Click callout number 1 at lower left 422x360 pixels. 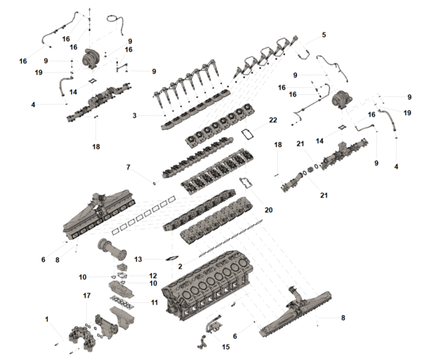[47, 320]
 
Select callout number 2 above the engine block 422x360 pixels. [180, 266]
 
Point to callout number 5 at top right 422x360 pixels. [324, 34]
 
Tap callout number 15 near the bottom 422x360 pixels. [224, 346]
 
